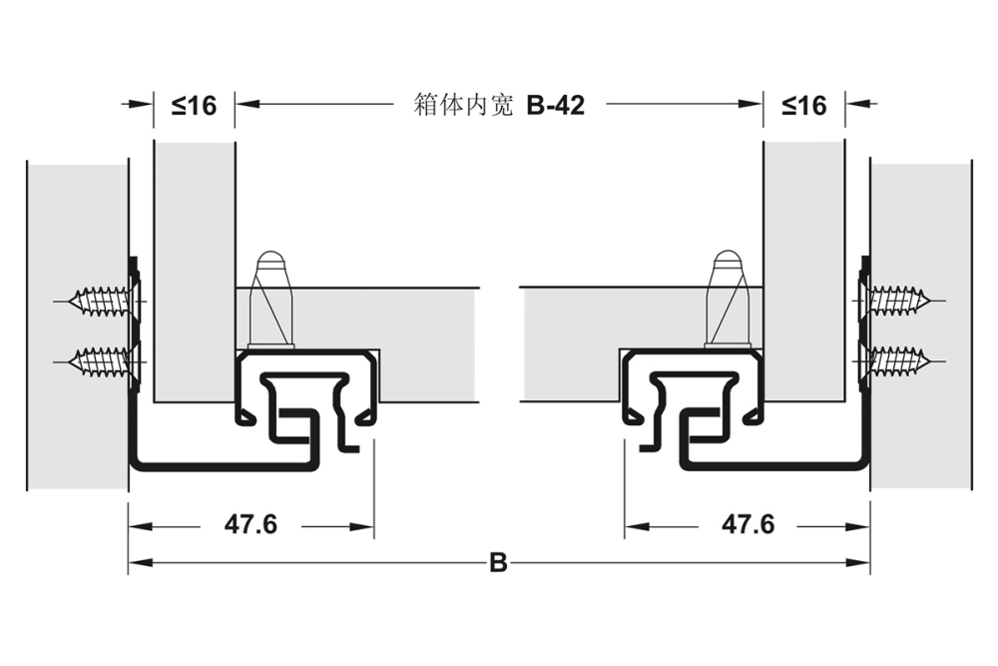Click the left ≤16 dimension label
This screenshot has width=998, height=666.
tap(194, 104)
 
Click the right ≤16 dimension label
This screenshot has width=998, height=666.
tap(804, 104)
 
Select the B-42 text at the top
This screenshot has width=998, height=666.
tap(555, 105)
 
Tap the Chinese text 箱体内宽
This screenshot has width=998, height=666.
tap(463, 105)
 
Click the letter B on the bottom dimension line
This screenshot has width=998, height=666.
tap(498, 563)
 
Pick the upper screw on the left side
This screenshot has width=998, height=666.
tap(100, 299)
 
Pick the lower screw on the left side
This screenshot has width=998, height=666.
tap(100, 357)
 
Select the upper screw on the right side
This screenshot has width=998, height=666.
tap(900, 299)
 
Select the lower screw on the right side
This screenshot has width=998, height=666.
tap(900, 357)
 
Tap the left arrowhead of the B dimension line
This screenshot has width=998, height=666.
tap(136, 563)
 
